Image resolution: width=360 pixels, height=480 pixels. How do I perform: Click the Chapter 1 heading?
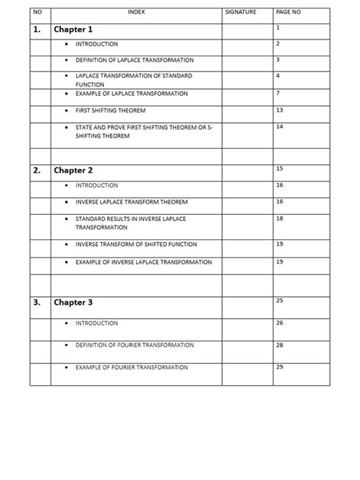[x=73, y=30]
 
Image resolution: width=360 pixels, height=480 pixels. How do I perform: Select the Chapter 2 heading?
[x=73, y=170]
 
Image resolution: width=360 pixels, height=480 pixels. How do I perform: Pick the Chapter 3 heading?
[x=73, y=302]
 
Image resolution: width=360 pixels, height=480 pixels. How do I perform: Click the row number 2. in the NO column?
[x=37, y=170]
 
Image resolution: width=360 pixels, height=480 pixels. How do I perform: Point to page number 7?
[x=278, y=93]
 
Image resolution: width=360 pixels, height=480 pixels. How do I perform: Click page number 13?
[x=279, y=110]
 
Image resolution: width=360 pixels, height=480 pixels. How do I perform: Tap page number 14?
[x=279, y=126]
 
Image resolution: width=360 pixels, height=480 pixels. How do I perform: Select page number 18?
[x=279, y=218]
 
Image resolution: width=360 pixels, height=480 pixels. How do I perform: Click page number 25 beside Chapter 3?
[x=279, y=302]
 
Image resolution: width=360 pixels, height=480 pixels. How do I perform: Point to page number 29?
[x=279, y=367]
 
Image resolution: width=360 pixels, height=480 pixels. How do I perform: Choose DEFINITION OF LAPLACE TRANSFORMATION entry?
[x=134, y=59]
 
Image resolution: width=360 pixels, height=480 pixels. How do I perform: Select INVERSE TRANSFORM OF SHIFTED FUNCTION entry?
[x=136, y=245]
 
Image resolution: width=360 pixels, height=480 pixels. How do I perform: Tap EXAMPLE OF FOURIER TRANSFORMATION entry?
[x=131, y=367]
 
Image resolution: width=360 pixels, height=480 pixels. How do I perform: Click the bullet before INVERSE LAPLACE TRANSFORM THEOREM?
[x=67, y=202]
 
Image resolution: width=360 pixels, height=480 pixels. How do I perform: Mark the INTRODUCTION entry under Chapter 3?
[x=96, y=324]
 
